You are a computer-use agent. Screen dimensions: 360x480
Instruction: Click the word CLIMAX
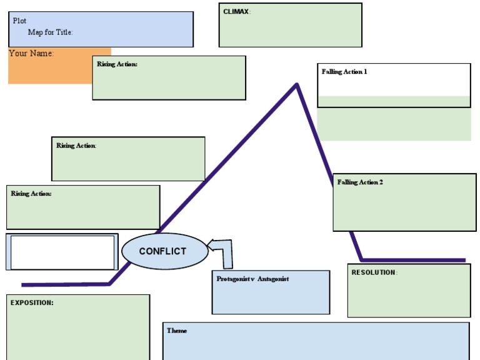pyautogui.click(x=236, y=12)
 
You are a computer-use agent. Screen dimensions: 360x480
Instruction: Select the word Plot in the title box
pyautogui.click(x=19, y=21)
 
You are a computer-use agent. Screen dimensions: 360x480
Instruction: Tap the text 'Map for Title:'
pyautogui.click(x=50, y=32)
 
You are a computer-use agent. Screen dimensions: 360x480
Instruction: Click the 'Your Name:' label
pyautogui.click(x=31, y=54)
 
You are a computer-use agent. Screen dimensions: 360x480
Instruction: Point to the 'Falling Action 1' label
pyautogui.click(x=344, y=72)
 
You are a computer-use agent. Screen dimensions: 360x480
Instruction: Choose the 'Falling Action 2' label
pyautogui.click(x=360, y=182)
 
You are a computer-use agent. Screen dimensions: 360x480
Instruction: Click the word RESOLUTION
pyautogui.click(x=373, y=272)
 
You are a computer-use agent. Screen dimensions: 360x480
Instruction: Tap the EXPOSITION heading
pyautogui.click(x=32, y=302)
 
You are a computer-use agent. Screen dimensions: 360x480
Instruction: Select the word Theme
pyautogui.click(x=177, y=331)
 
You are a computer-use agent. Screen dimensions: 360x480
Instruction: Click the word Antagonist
pyautogui.click(x=273, y=279)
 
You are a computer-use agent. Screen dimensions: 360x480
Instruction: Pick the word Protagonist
pyautogui.click(x=233, y=279)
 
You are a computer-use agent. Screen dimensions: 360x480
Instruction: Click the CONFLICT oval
pyautogui.click(x=163, y=251)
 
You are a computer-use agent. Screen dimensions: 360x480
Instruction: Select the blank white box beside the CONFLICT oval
pyautogui.click(x=62, y=252)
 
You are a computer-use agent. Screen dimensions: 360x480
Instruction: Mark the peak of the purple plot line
pyautogui.click(x=296, y=84)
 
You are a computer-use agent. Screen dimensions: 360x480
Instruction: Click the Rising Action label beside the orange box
pyautogui.click(x=117, y=64)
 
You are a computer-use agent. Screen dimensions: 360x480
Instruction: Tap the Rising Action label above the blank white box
pyautogui.click(x=31, y=194)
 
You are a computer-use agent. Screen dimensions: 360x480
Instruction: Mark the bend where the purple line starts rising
pyautogui.click(x=110, y=284)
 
